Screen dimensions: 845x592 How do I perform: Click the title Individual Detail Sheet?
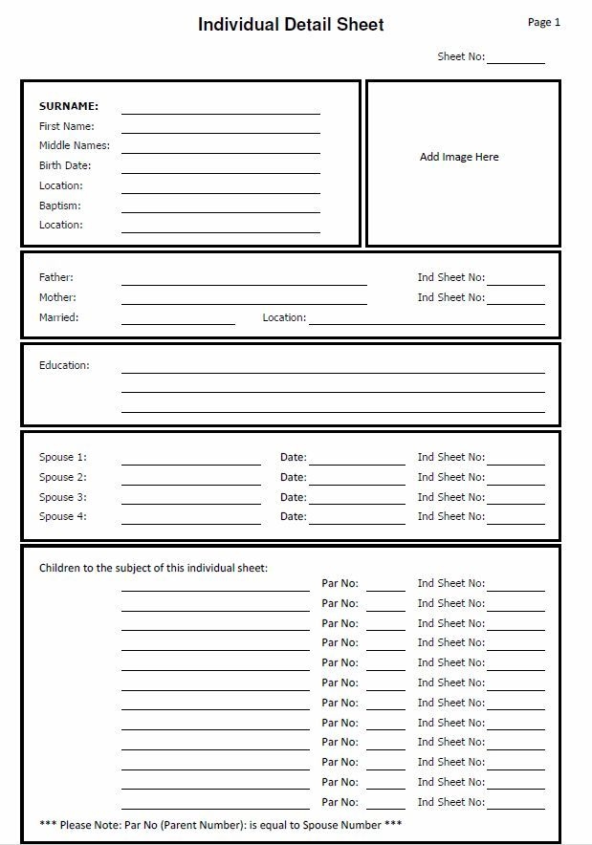pos(291,25)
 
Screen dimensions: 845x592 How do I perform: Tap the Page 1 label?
pos(543,22)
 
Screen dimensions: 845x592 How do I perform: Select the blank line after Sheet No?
pos(515,60)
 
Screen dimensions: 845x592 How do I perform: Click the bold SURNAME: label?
pos(69,106)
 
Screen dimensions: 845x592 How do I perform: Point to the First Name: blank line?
pos(220,130)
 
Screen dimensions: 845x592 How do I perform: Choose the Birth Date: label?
pos(65,165)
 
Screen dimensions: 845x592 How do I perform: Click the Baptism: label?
pos(59,206)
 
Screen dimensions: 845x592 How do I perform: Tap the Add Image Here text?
pos(459,157)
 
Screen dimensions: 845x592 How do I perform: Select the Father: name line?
pos(244,282)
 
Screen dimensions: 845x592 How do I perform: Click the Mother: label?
pos(57,297)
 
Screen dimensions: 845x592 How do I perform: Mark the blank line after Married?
pos(178,322)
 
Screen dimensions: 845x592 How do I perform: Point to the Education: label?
pos(64,365)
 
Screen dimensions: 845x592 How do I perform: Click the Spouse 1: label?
pos(62,457)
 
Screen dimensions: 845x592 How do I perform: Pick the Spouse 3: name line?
pos(190,502)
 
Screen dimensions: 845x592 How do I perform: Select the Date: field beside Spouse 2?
pos(357,482)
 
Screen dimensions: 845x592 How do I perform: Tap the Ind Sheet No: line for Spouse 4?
pos(515,522)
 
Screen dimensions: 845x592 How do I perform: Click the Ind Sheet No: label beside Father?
pos(450,277)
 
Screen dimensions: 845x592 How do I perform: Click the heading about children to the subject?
pos(153,568)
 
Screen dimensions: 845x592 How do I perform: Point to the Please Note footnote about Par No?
pos(220,824)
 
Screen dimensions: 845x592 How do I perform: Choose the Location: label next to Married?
pos(284,317)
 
